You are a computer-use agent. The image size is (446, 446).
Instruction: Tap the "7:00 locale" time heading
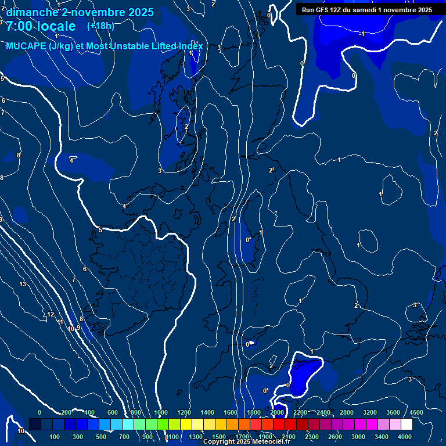click(41, 26)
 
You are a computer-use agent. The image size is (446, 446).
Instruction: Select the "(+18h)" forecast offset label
click(100, 26)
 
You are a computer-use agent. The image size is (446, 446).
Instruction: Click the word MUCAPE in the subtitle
click(26, 46)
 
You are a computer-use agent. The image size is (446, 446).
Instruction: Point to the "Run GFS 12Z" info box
click(366, 10)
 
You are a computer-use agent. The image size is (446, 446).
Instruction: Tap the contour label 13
click(23, 284)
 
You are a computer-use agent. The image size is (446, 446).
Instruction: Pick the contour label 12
click(51, 314)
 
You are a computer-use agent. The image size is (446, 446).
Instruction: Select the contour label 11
click(60, 322)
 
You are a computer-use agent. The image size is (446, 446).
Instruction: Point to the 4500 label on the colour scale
click(416, 412)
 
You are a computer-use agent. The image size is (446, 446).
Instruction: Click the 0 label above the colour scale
click(39, 412)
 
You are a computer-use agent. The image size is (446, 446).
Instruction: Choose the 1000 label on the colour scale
click(161, 412)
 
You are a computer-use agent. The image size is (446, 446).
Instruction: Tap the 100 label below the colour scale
click(55, 437)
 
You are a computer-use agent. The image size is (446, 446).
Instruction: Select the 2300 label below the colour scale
click(311, 437)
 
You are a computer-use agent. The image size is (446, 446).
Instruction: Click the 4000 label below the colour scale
click(405, 437)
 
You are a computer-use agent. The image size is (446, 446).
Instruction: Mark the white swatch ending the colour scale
click(407, 425)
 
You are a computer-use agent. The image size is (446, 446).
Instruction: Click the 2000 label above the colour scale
click(277, 412)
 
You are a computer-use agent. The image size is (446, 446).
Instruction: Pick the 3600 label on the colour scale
click(393, 412)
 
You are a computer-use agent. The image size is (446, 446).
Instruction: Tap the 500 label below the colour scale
click(101, 437)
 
